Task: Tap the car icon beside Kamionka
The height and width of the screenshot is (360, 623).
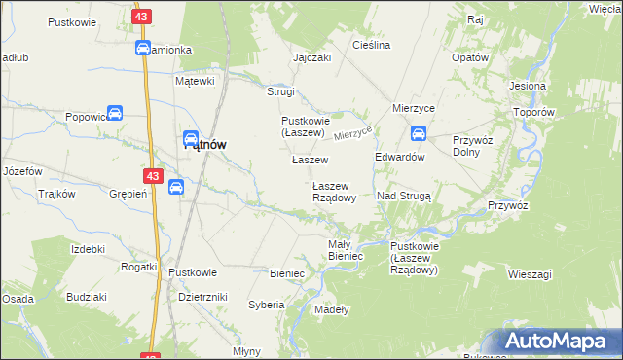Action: [x=142, y=49]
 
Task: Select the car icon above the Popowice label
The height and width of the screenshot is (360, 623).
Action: [x=115, y=113]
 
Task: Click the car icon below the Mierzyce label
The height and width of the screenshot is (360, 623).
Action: [x=418, y=133]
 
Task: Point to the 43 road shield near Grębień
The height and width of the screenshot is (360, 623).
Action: [x=153, y=176]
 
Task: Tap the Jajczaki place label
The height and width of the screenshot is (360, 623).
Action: [x=311, y=57]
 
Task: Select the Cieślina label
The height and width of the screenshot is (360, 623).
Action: [x=371, y=45]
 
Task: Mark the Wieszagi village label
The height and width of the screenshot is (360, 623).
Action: [x=530, y=274]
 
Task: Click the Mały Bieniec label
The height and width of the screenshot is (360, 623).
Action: [x=346, y=250]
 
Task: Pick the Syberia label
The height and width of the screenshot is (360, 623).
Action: [x=266, y=305]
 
